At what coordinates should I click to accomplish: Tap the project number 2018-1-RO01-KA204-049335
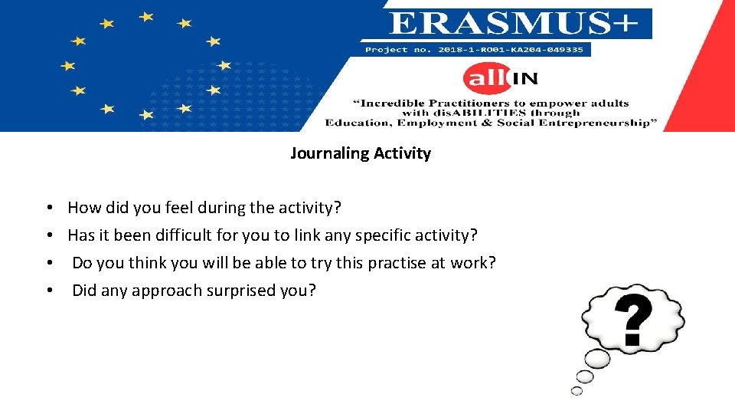[474, 50]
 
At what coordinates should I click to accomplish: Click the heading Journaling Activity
[360, 153]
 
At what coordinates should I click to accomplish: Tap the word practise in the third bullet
[397, 263]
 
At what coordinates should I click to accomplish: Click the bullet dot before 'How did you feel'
[48, 209]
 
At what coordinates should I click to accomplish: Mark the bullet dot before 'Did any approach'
[48, 291]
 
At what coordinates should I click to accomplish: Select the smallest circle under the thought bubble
[577, 391]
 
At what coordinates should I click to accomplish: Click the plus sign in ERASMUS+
[626, 24]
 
